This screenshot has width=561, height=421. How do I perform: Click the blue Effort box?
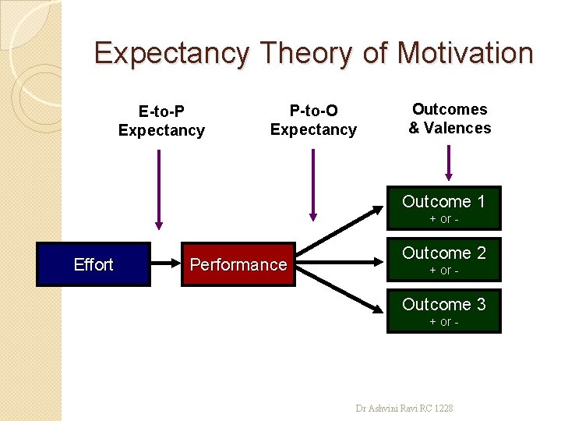point(93,264)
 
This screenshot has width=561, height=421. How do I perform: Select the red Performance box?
point(238,264)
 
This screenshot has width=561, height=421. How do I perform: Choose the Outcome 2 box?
point(443,260)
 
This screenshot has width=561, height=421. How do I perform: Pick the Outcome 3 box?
point(443,310)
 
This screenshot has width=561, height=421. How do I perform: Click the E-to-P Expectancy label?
point(161,121)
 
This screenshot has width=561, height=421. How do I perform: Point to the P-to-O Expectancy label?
point(313,120)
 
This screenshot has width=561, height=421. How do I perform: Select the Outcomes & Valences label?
point(450,119)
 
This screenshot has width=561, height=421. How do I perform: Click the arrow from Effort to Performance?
point(166,264)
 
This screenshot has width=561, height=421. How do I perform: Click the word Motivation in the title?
point(464,53)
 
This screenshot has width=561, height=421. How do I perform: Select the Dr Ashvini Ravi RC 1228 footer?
point(404,408)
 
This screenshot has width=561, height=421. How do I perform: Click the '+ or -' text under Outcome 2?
point(443,271)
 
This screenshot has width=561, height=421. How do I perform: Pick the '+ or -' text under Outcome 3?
point(443,322)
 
